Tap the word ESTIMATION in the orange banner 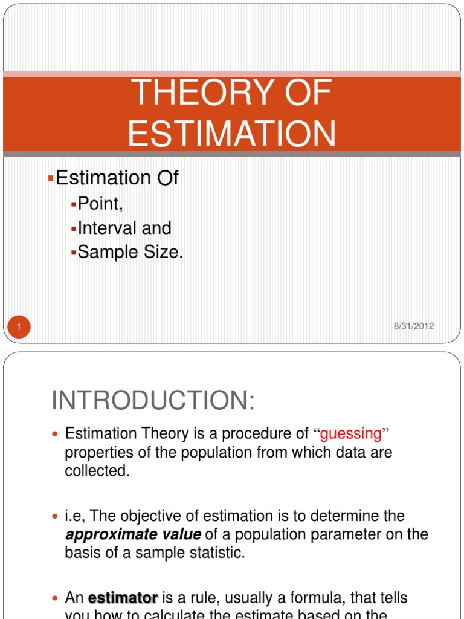point(232,134)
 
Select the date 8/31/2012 point(413,326)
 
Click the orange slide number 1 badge point(19,328)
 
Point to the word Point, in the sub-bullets point(100,204)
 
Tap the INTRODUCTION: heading point(153,401)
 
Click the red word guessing point(351,433)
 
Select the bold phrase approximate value point(133,535)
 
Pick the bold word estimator point(123,598)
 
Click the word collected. point(97,471)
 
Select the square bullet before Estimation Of point(51,178)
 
